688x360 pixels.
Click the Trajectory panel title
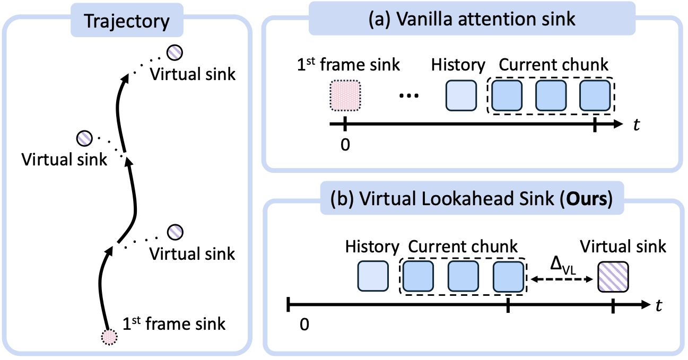127,22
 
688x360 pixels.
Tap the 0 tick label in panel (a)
345,144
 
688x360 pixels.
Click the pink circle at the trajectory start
109,337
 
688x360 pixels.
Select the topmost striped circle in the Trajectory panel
175,52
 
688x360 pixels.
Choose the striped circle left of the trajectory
84,137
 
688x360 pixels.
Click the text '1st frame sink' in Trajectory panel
174,323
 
